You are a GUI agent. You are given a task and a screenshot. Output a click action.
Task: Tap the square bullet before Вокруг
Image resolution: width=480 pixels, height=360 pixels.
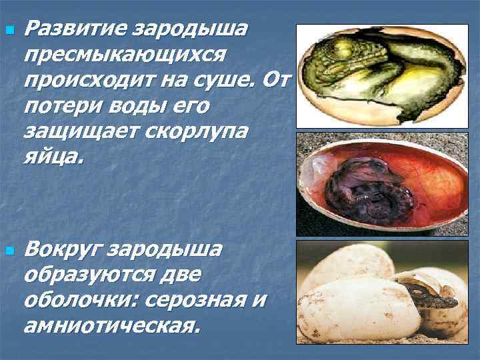click(x=8, y=252)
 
